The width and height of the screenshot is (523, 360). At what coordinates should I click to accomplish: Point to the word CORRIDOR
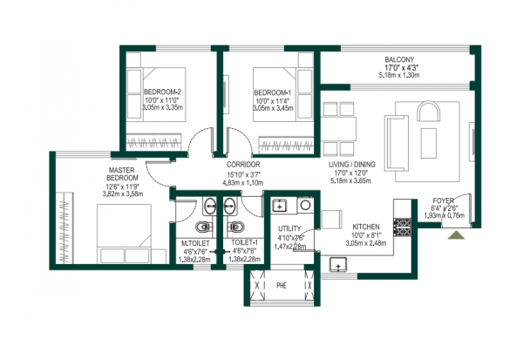244,164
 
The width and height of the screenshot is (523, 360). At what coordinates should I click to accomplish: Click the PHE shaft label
281,284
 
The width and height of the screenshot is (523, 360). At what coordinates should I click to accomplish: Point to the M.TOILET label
193,243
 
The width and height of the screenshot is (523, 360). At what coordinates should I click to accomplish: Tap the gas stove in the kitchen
404,225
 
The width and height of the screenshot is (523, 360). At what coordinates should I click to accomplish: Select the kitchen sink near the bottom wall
336,263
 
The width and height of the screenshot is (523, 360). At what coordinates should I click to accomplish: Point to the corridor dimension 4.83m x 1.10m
244,183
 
